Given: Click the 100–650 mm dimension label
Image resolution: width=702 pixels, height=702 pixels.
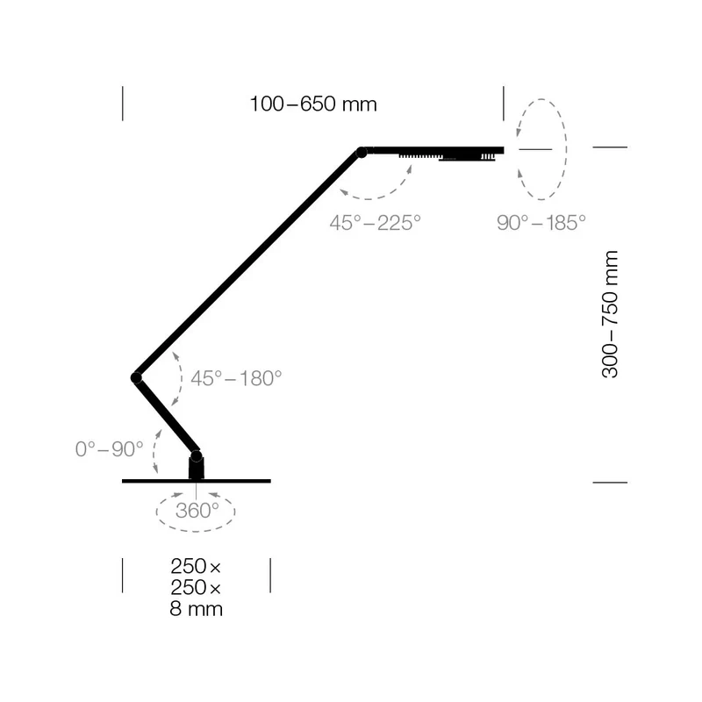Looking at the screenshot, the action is click(x=313, y=104).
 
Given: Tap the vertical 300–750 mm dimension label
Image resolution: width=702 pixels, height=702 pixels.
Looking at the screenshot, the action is click(x=610, y=314).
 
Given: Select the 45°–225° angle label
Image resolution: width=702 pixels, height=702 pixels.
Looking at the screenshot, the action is click(x=376, y=223).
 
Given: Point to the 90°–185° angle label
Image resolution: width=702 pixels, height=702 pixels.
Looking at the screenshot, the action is click(x=541, y=223).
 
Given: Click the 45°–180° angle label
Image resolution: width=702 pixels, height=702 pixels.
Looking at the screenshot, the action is click(x=236, y=378).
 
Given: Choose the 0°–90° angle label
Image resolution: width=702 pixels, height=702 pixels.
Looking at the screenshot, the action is click(x=109, y=449).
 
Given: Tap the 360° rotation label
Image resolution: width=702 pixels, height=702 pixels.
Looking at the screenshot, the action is click(x=197, y=511).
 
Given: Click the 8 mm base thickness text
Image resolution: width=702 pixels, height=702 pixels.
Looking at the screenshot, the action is click(x=196, y=609).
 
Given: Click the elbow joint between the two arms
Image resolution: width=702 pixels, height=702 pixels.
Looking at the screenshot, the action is click(x=137, y=378).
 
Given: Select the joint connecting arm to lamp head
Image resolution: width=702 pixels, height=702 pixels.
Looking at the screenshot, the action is click(x=362, y=153).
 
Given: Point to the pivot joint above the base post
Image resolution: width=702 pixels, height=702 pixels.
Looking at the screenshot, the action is click(x=196, y=456).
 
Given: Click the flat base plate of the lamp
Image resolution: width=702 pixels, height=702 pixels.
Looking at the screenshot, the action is click(x=196, y=481).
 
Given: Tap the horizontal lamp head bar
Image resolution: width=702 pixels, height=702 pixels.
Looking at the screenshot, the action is click(x=433, y=150).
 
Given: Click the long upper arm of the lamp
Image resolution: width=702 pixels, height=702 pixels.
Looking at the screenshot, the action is click(x=249, y=265).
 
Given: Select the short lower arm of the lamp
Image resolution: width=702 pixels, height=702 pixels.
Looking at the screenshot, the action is click(x=166, y=417).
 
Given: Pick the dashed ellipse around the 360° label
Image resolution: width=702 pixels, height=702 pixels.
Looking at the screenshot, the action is click(x=196, y=532).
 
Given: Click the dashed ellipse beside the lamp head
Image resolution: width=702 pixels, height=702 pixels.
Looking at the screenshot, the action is click(x=566, y=149).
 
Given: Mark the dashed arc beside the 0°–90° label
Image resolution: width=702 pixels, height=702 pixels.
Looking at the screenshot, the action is click(x=154, y=451).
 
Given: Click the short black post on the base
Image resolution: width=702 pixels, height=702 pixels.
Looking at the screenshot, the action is click(x=196, y=469).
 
